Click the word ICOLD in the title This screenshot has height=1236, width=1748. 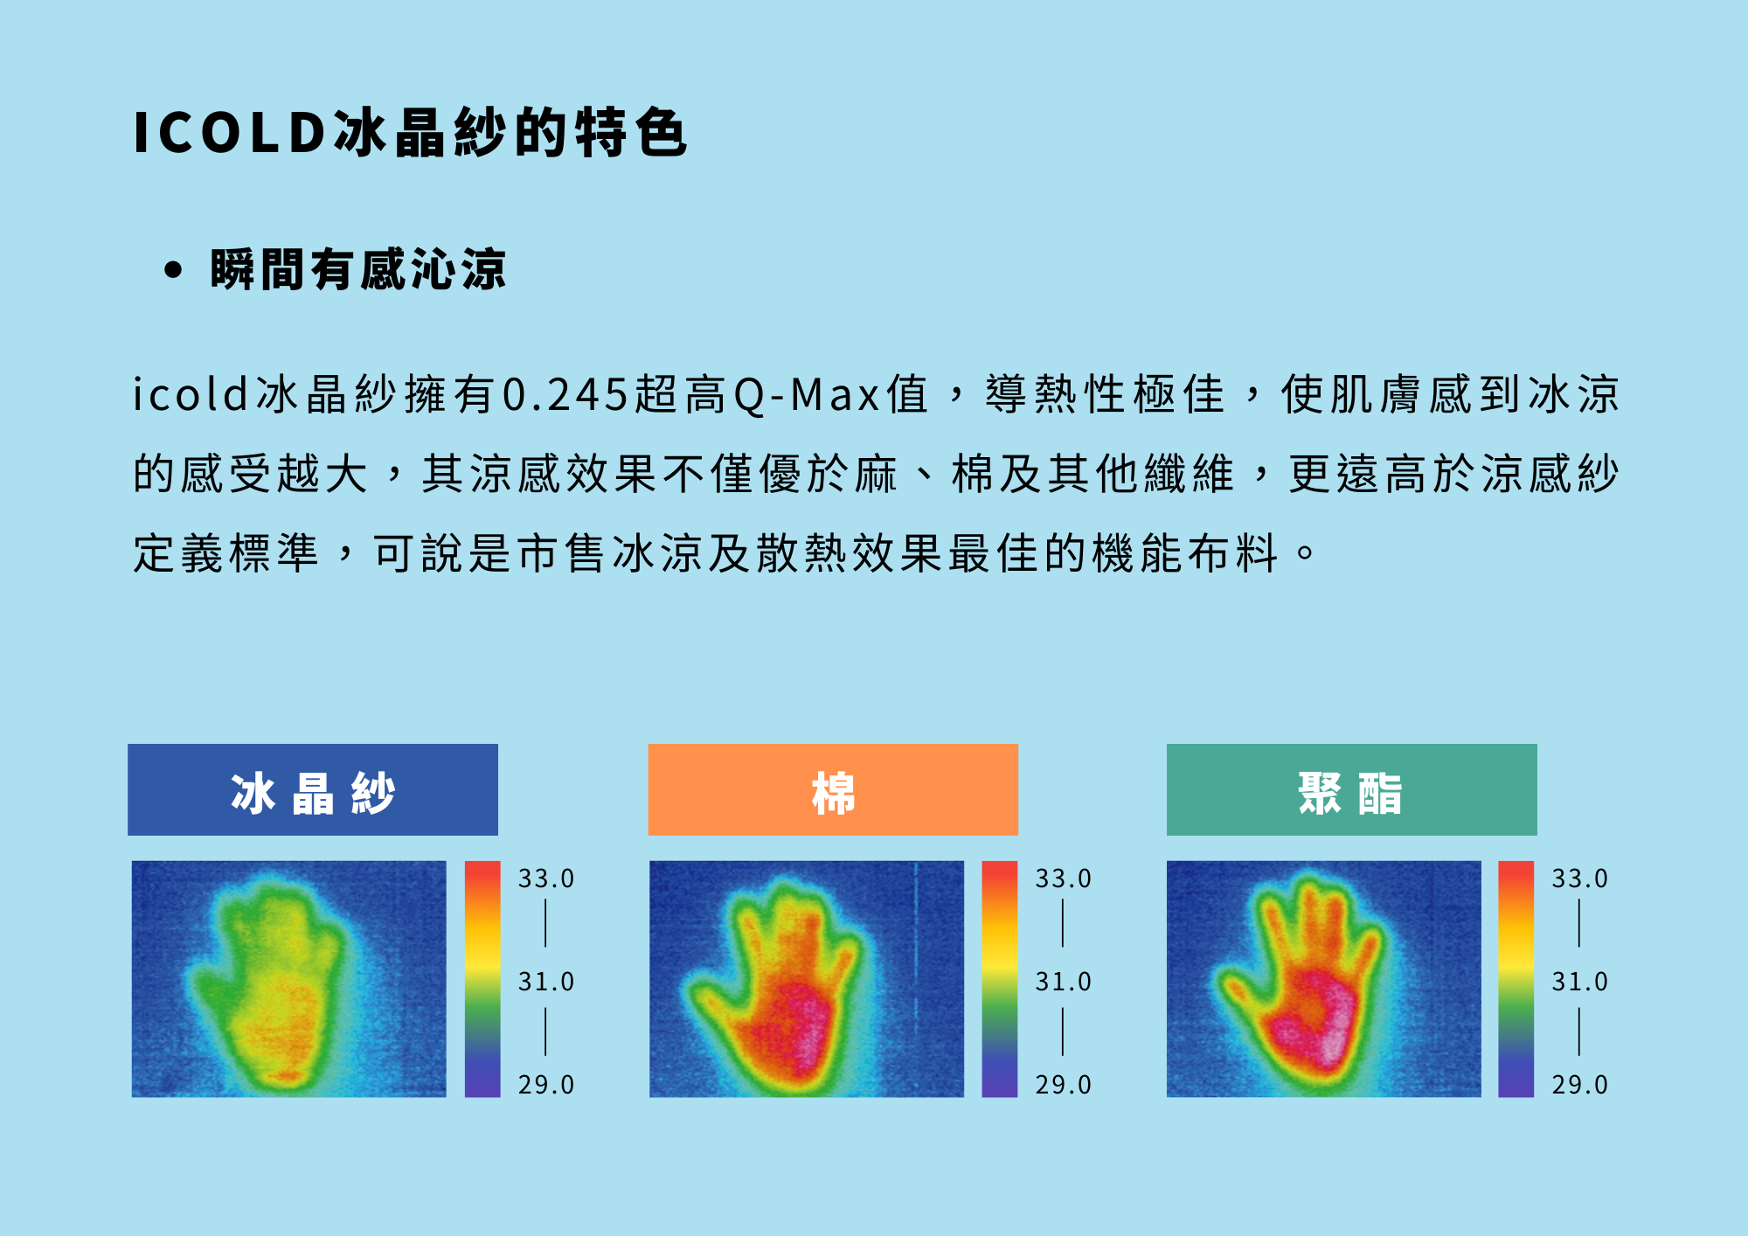[229, 133]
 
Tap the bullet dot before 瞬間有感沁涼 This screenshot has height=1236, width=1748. [173, 269]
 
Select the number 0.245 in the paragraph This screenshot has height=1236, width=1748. [565, 394]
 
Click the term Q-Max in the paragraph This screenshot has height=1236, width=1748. [806, 394]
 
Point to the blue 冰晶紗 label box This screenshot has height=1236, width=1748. [313, 789]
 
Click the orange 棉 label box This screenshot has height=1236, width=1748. [833, 789]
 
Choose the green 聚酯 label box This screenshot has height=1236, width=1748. [1351, 789]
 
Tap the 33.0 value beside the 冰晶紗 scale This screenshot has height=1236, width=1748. [545, 878]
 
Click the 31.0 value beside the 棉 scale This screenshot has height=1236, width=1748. [1063, 982]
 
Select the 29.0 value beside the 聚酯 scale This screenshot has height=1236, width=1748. [1579, 1085]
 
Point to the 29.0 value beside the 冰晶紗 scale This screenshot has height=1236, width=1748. [545, 1085]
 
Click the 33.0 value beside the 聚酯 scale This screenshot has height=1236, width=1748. [1579, 878]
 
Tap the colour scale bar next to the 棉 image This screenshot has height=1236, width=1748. [1000, 979]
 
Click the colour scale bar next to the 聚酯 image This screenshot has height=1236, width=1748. [1516, 979]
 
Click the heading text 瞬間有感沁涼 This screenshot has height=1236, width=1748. [358, 269]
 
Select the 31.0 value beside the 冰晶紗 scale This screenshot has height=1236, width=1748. [545, 982]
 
